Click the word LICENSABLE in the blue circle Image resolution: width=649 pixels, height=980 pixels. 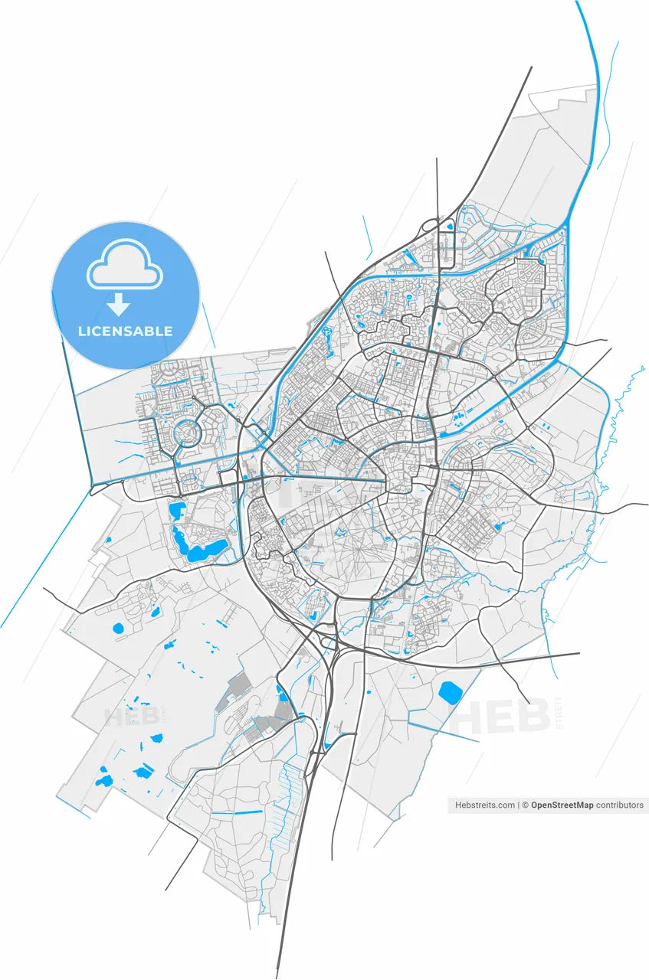(125, 332)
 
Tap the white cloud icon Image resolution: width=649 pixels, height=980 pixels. (125, 264)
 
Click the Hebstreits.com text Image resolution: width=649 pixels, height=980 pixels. (485, 805)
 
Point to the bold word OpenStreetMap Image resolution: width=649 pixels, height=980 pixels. (562, 805)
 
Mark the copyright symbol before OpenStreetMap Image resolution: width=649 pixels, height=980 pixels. (526, 805)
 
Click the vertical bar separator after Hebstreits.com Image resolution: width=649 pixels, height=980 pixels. (519, 805)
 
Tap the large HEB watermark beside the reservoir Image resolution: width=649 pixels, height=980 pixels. (503, 715)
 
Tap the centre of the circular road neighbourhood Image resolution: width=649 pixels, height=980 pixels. (185, 434)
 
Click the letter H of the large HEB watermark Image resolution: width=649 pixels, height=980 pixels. (471, 715)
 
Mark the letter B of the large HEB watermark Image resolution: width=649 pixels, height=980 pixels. (534, 715)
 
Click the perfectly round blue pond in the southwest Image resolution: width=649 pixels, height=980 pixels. (117, 629)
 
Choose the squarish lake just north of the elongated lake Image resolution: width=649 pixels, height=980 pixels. (177, 509)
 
